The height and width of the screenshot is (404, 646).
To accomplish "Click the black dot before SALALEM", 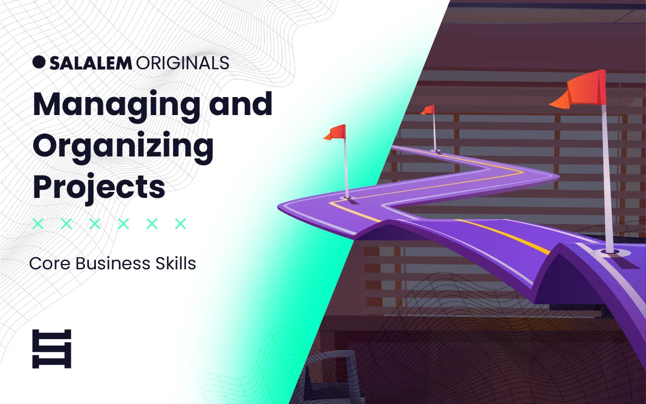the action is click(x=39, y=62).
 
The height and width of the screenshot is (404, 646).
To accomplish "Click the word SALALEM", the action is click(x=90, y=63).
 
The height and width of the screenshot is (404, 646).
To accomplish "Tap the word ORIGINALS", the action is click(x=182, y=63).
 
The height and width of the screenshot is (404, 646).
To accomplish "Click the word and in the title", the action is click(x=241, y=104).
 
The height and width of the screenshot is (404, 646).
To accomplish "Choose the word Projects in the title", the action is click(x=99, y=187).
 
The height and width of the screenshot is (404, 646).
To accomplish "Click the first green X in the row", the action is click(x=38, y=224).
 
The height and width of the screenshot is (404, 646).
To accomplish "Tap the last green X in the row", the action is click(x=180, y=224).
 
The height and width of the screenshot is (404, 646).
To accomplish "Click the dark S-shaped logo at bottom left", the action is click(x=52, y=349).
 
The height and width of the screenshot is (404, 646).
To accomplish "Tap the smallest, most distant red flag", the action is click(x=428, y=110).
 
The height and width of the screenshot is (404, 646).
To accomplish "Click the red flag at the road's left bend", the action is click(x=336, y=132).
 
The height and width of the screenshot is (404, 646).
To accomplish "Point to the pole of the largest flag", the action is click(x=607, y=177).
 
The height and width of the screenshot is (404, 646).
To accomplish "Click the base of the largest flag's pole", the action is click(x=608, y=251).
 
